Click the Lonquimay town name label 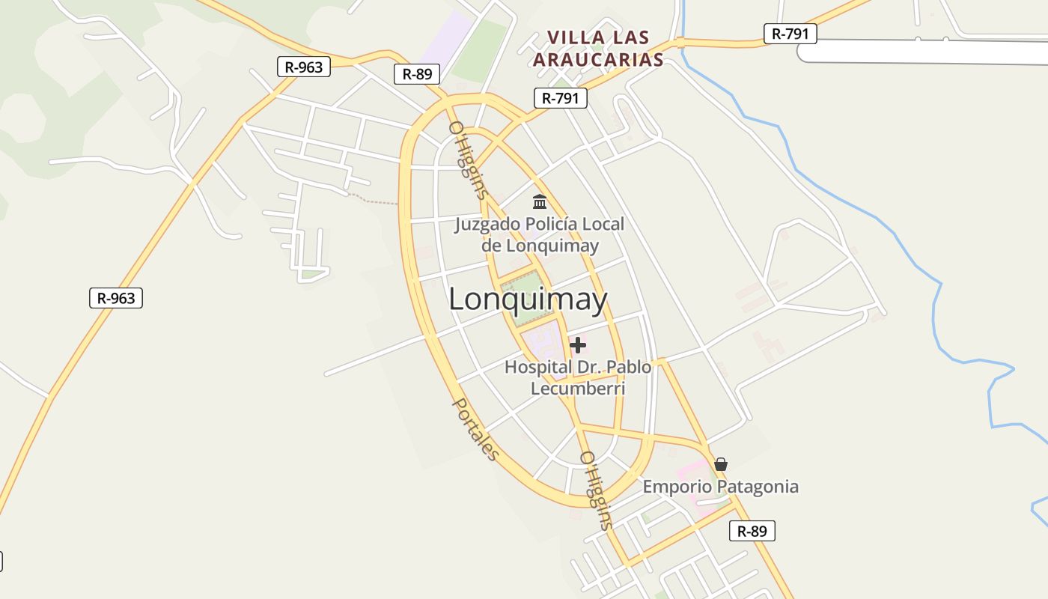528,299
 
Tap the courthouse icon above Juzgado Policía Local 540,201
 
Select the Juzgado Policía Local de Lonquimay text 540,234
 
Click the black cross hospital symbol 578,345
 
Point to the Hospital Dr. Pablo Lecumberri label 578,377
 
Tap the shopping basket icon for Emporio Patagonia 721,464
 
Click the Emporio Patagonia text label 721,487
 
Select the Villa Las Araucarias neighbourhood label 597,49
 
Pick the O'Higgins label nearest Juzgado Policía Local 469,160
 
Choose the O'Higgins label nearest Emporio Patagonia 597,490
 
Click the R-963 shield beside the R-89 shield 304,67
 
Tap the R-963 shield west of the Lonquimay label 116,298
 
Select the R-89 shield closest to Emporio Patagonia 752,531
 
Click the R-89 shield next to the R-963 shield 417,73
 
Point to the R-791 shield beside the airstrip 790,33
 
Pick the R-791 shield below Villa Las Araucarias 560,97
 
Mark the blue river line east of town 936,314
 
